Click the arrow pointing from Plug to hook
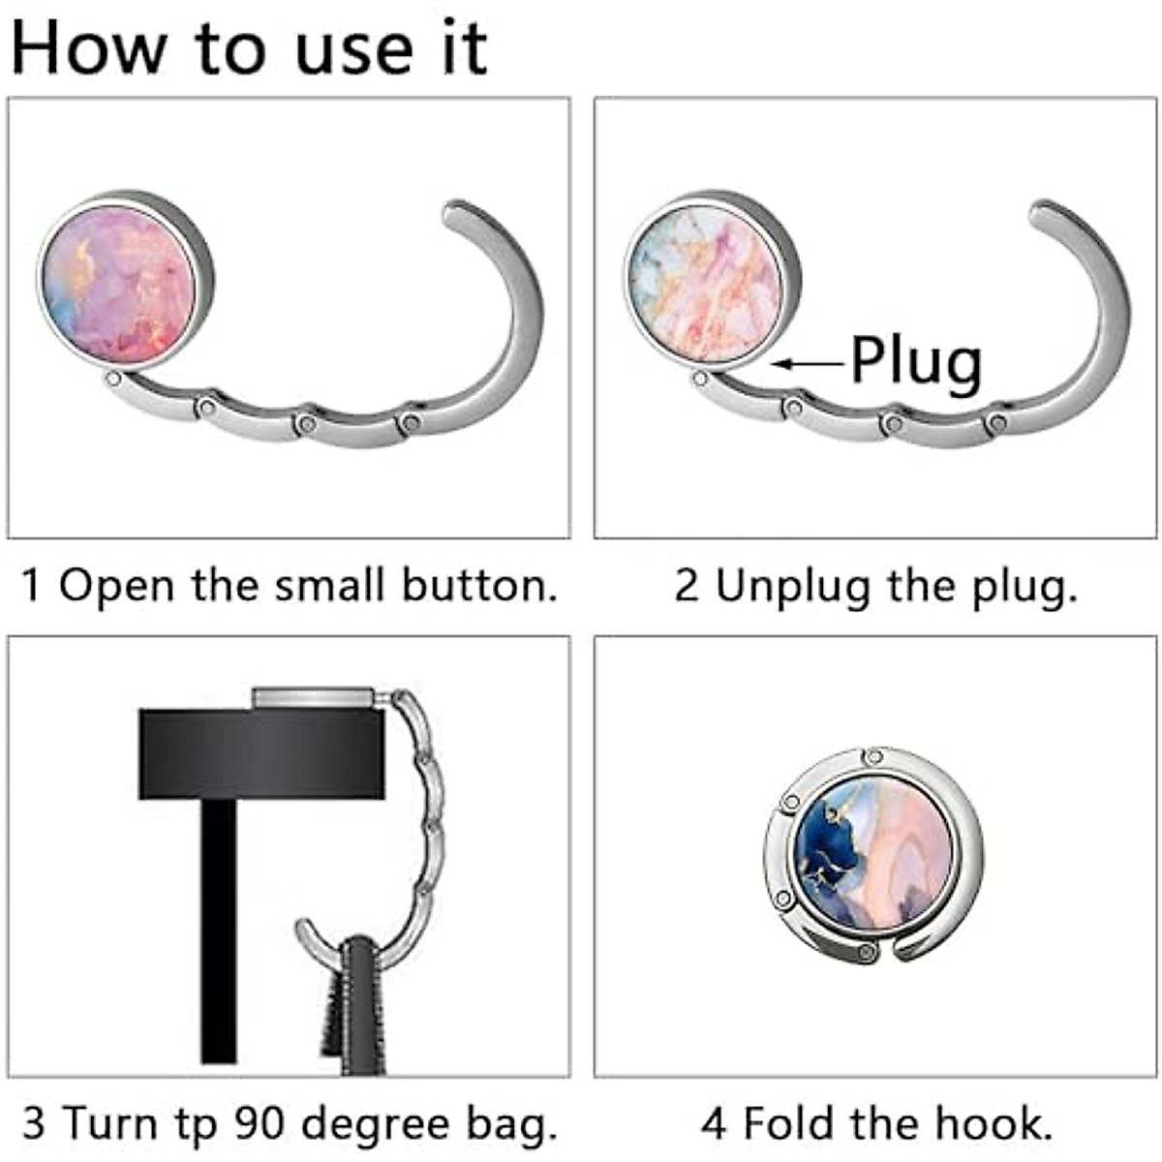(x=809, y=364)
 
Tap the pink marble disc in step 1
(x=118, y=288)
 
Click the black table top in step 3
(x=260, y=753)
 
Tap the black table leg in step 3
(x=218, y=930)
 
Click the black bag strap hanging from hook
(x=363, y=1007)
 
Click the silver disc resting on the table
(x=313, y=697)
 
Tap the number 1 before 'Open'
(x=31, y=586)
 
